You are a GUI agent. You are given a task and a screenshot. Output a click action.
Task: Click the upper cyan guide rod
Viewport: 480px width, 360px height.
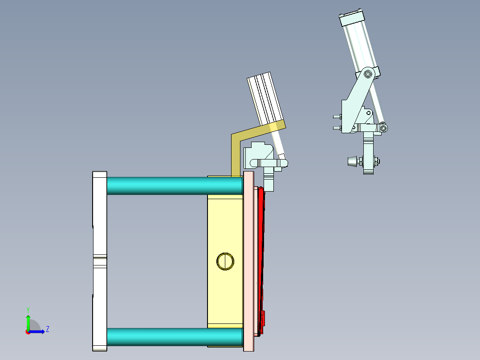[x=174, y=185]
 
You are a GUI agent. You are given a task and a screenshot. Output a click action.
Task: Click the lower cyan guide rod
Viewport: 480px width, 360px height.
[x=174, y=337]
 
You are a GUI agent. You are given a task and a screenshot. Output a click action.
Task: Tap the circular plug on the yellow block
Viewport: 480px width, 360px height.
[x=225, y=261]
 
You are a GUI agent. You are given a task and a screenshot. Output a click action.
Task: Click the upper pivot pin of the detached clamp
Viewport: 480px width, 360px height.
[x=368, y=74]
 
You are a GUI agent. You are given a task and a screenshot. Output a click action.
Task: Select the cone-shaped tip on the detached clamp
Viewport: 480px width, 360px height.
[x=352, y=161]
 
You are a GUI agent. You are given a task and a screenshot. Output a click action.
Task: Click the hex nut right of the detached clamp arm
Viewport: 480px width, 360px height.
[x=377, y=161]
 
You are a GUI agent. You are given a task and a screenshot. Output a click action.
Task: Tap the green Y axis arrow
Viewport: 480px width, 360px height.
[x=28, y=321]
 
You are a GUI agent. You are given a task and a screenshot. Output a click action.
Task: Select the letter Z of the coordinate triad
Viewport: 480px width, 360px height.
[x=47, y=329]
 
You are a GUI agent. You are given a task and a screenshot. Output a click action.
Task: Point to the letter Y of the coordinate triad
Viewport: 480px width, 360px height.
[x=28, y=309]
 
